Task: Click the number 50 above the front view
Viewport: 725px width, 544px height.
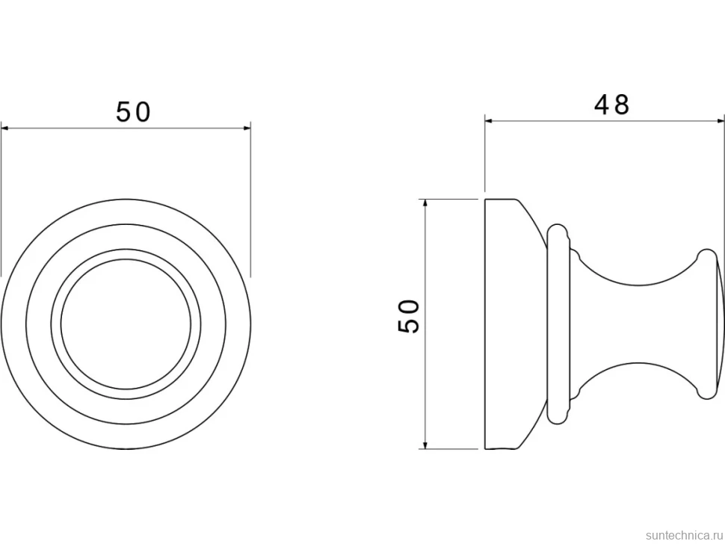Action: click(x=133, y=112)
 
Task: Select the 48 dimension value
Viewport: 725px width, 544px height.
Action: click(x=611, y=105)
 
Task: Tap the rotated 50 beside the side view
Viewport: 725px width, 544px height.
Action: click(x=408, y=316)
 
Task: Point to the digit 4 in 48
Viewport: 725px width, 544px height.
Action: click(x=602, y=105)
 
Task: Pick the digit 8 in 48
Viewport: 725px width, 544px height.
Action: click(x=622, y=105)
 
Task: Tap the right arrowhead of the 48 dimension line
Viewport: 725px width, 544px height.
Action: click(x=720, y=120)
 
